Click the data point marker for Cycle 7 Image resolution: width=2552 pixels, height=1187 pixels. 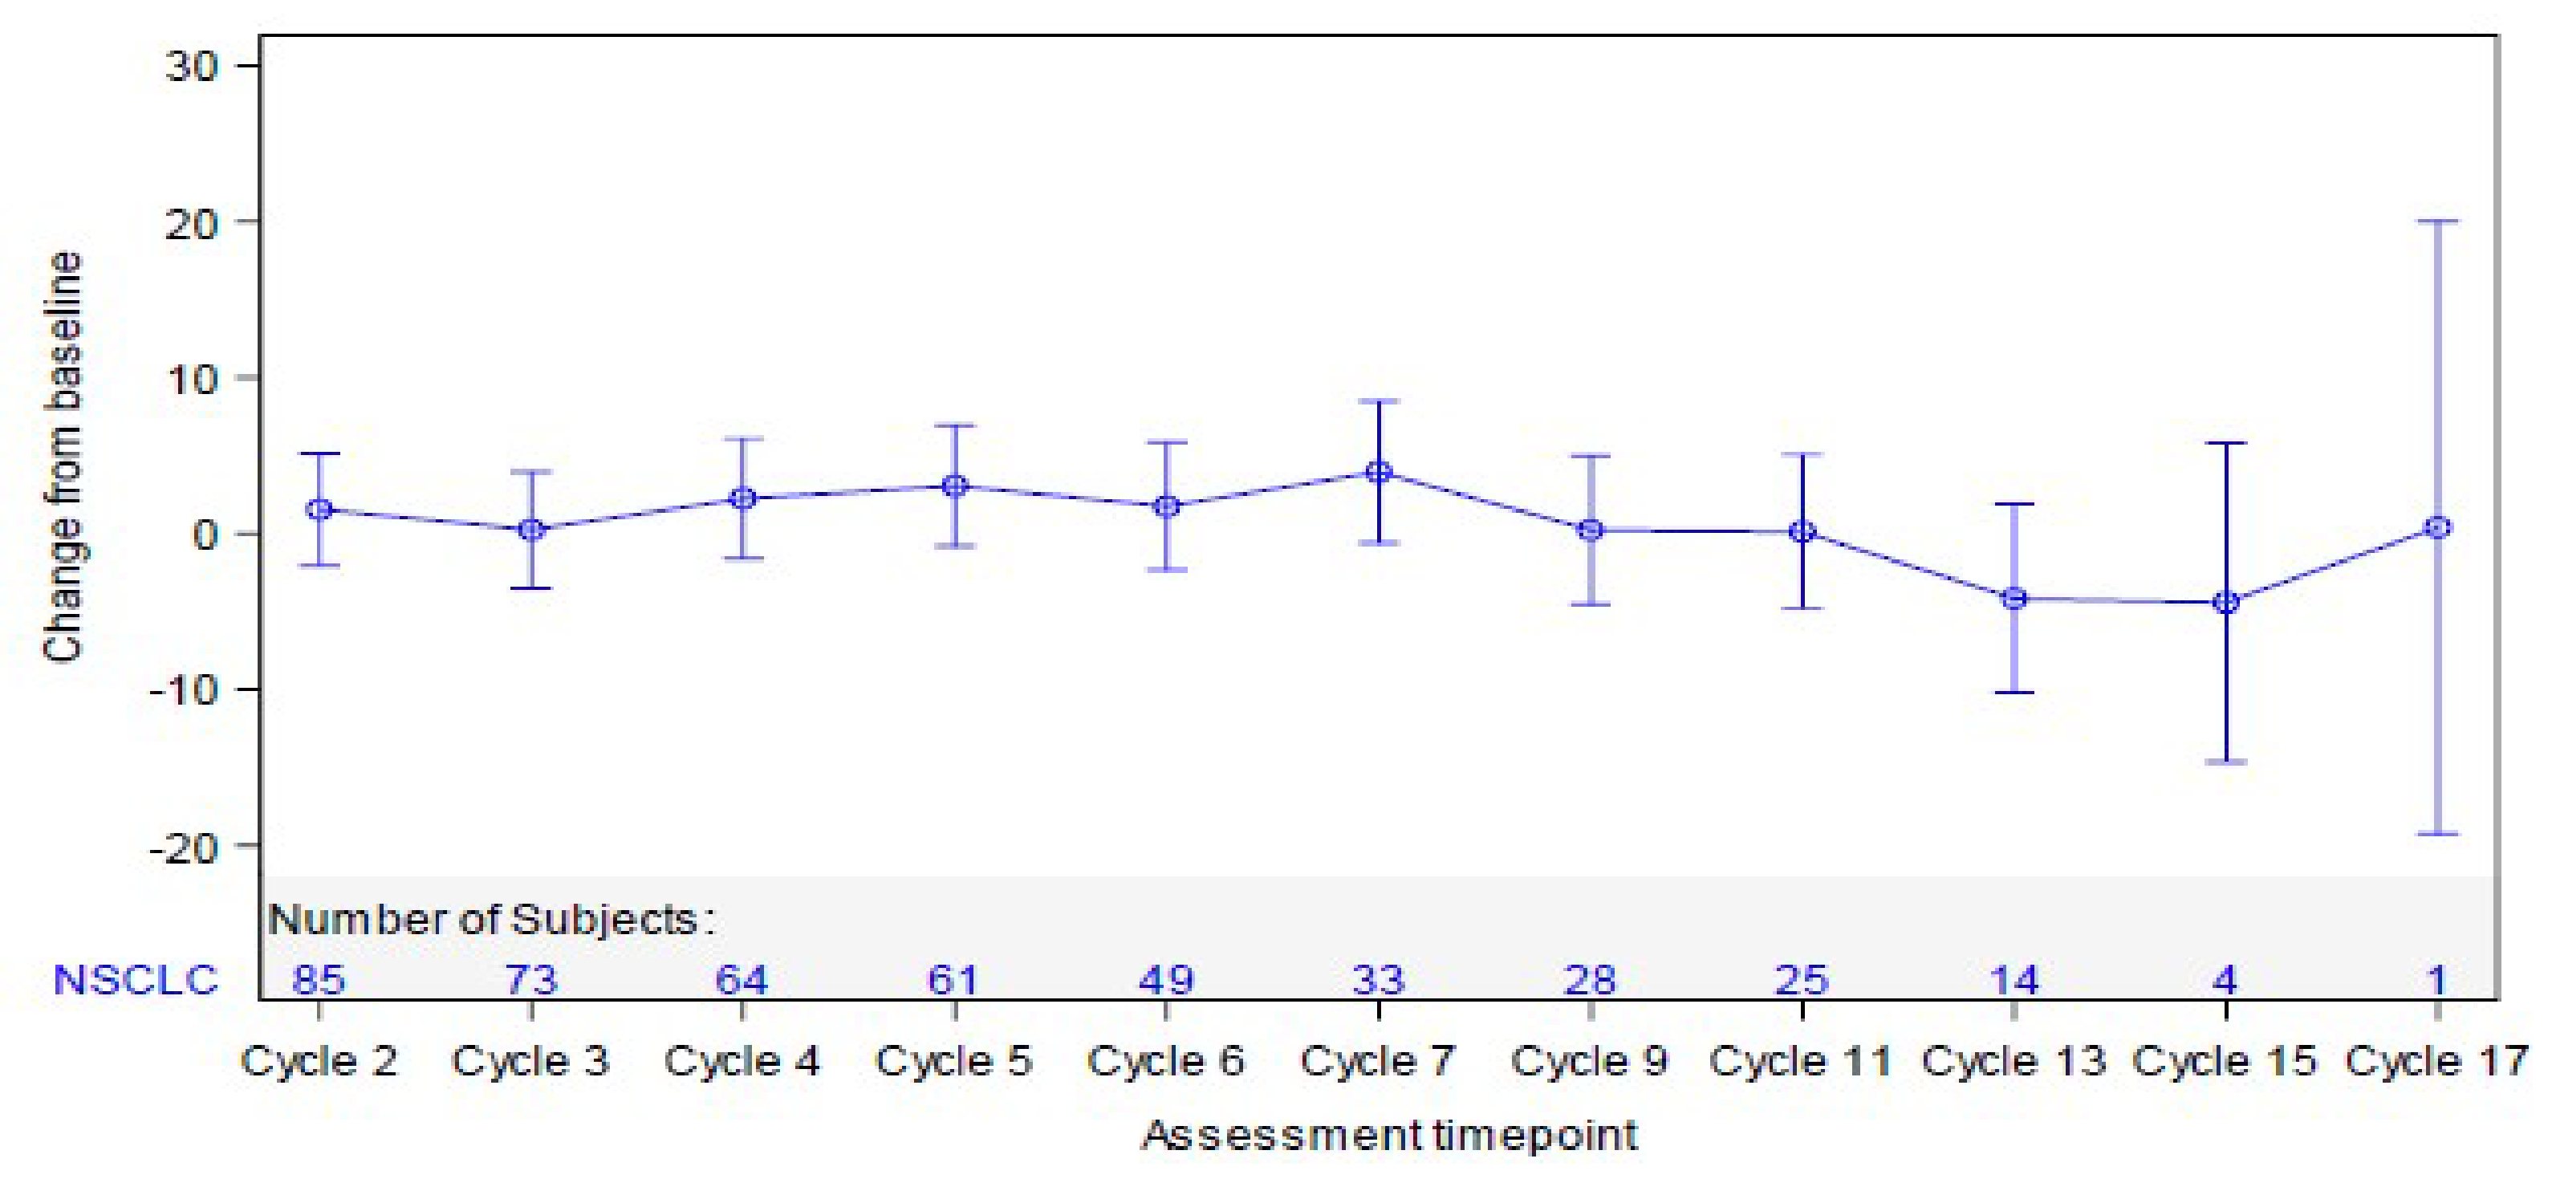click(1378, 473)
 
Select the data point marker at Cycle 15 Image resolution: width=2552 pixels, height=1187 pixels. click(2226, 603)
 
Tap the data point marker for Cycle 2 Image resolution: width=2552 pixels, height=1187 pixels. click(319, 510)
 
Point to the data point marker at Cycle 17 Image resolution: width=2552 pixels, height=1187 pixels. click(2437, 528)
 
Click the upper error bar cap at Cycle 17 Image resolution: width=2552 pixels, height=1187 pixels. click(2437, 222)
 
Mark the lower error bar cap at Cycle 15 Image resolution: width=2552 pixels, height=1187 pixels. click(2226, 762)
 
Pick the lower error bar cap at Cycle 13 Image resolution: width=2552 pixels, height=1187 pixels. click(2014, 693)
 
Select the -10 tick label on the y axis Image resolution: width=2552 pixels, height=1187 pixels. click(182, 689)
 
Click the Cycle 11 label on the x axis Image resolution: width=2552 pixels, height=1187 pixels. click(1800, 1062)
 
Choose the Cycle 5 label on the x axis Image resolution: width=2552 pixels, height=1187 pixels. click(953, 1062)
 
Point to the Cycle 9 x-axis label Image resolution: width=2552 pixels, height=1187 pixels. click(1589, 1062)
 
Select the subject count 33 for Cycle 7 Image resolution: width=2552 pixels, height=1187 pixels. click(1378, 980)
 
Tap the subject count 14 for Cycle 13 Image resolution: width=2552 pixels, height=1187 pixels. click(2014, 980)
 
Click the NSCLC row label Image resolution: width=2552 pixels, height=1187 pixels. click(135, 980)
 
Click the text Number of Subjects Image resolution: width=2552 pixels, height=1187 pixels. click(490, 920)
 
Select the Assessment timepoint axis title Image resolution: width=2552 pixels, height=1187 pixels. click(1389, 1136)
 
